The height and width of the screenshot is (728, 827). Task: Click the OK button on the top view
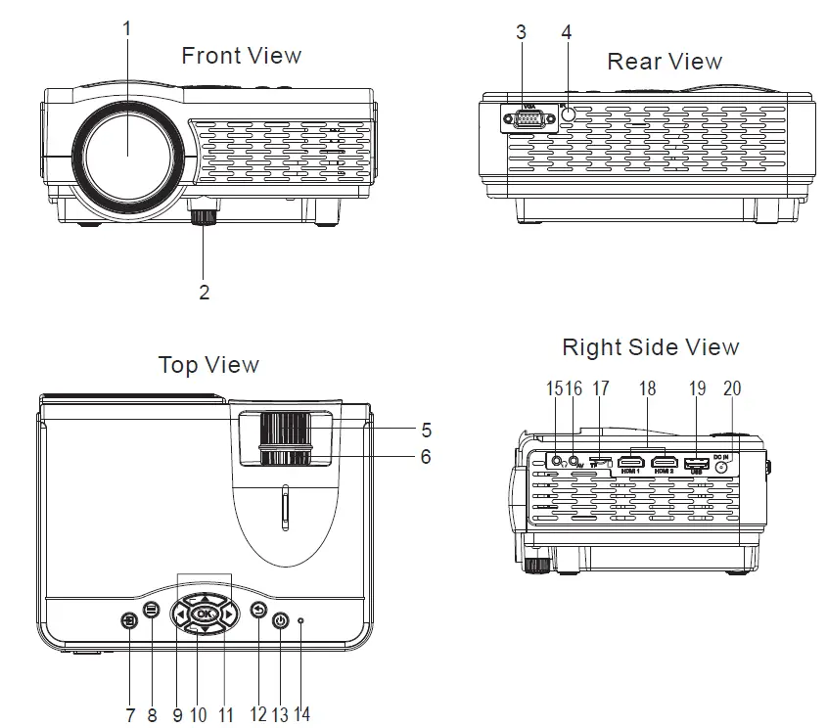[204, 614]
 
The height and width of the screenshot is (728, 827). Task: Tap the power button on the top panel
[281, 620]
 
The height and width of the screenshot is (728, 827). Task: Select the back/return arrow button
[258, 611]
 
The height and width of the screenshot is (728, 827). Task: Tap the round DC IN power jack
[723, 467]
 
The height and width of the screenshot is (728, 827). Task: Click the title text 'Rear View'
[665, 62]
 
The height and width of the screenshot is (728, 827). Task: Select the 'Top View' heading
[208, 365]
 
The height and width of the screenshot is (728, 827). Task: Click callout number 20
[732, 388]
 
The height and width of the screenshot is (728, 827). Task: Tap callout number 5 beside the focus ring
[425, 429]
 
